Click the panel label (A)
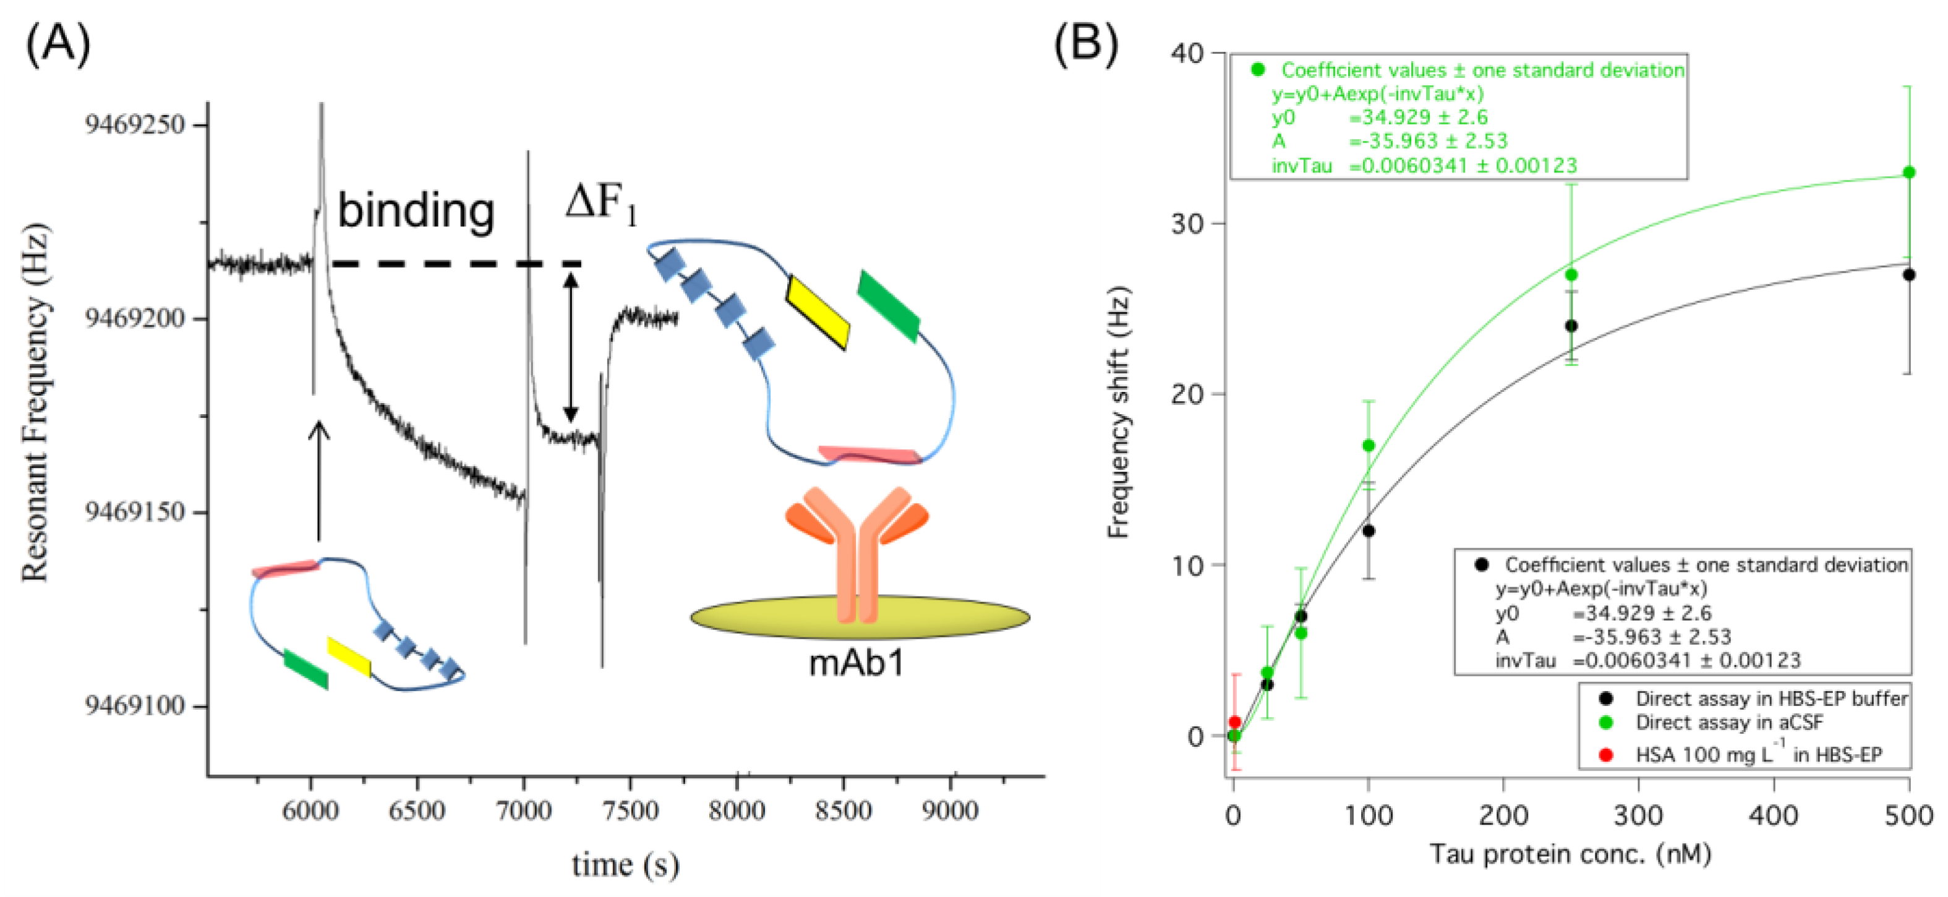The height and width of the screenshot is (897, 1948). click(58, 44)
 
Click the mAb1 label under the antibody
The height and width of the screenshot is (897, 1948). click(857, 663)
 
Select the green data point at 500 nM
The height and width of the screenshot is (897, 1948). click(1908, 172)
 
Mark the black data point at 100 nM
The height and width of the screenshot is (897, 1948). click(1368, 531)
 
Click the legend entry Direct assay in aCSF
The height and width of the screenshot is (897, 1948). click(1728, 723)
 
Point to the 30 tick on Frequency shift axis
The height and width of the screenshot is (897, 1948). click(1188, 224)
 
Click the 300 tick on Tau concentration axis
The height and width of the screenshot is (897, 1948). click(1638, 815)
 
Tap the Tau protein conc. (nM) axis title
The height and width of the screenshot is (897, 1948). click(1570, 854)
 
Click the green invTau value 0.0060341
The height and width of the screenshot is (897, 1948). click(1412, 164)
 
